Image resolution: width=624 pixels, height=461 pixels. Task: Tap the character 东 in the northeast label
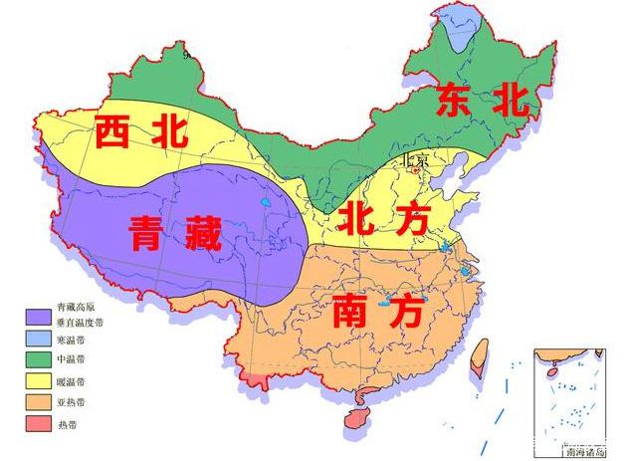[x=450, y=102]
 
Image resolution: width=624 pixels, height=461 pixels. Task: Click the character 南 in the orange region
[x=355, y=312]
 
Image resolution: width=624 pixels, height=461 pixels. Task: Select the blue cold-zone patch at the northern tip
[x=458, y=30]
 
